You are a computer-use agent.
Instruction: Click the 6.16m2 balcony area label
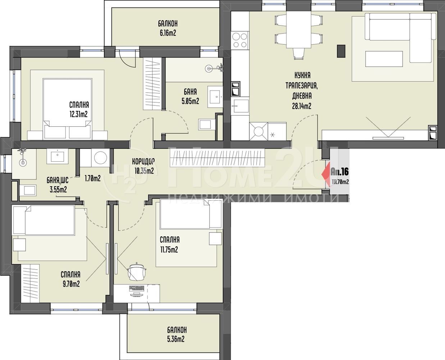168,33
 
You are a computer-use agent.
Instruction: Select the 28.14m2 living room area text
301,106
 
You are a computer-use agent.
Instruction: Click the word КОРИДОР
143,161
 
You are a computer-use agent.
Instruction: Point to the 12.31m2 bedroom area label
78,114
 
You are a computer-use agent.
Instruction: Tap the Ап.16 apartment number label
340,172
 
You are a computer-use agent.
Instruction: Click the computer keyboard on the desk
137,289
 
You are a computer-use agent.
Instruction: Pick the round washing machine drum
101,158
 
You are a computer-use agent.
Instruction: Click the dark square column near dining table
341,51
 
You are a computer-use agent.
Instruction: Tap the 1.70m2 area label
93,178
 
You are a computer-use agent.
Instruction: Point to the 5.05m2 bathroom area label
190,101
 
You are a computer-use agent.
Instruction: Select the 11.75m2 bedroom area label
169,249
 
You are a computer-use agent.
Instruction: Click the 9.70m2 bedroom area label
71,284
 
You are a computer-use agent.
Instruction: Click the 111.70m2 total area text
340,182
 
